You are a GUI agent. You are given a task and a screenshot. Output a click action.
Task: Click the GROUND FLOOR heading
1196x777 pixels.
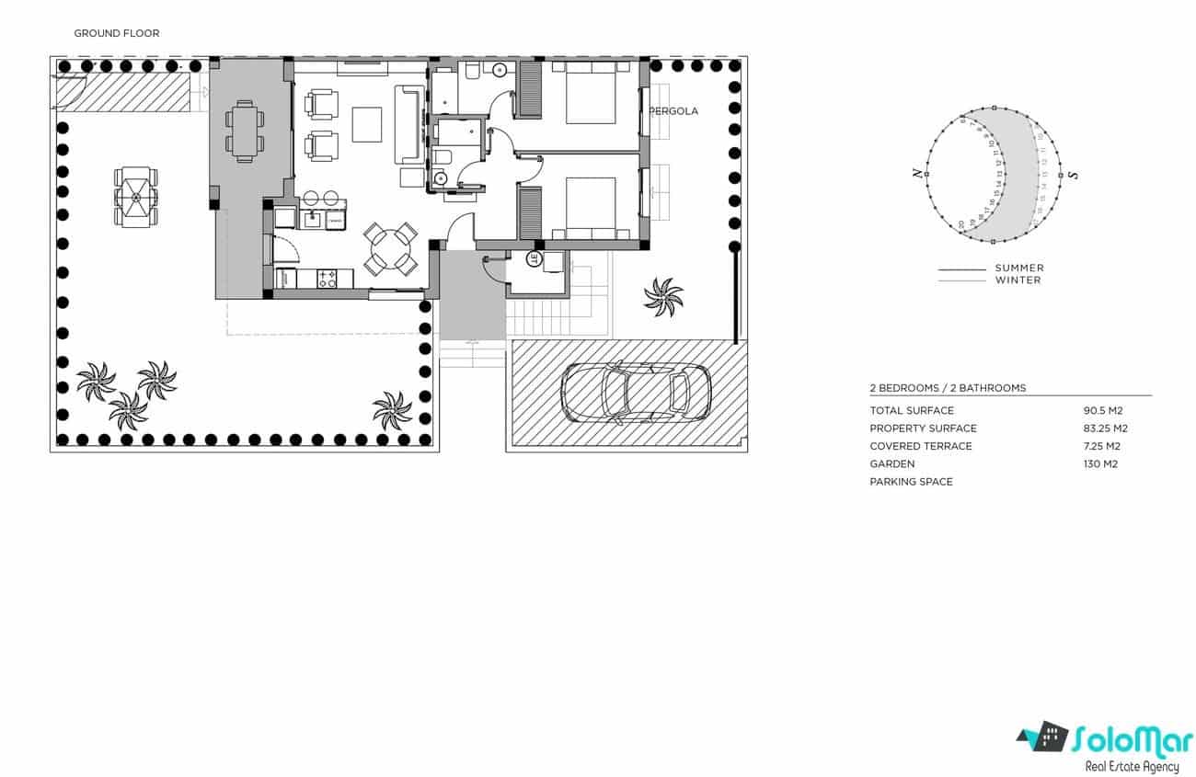tap(117, 33)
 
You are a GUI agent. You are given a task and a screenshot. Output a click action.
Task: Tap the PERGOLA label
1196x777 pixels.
tap(674, 111)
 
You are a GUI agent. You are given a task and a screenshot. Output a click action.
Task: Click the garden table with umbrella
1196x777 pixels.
tap(135, 197)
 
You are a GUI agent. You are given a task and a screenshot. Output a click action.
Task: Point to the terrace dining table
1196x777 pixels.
tap(244, 131)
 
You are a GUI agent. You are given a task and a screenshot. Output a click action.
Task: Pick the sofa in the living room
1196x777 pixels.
tap(408, 123)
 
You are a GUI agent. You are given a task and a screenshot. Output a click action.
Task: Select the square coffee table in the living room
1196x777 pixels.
tap(366, 125)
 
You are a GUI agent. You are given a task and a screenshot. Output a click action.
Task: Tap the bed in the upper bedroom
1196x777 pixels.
tap(590, 92)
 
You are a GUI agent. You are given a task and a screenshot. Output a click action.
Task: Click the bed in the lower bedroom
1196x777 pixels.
tap(590, 208)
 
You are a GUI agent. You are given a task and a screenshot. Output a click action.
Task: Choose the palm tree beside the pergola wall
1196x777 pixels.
tap(663, 297)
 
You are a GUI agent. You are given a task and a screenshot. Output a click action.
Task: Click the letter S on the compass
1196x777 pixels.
tap(1073, 175)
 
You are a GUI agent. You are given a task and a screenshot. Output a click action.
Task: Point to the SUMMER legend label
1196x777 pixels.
tap(1019, 269)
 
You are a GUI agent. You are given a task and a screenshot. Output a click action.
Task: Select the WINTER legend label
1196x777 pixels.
tap(1018, 280)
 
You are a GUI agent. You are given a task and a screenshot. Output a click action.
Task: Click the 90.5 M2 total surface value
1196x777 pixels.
tap(1104, 411)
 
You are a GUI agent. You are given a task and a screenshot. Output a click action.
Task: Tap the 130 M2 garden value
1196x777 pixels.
tap(1100, 464)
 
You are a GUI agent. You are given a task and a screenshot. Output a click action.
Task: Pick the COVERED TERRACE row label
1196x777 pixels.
tap(921, 447)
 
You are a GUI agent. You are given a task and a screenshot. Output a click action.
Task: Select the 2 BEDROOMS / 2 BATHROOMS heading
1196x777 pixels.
tap(948, 388)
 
